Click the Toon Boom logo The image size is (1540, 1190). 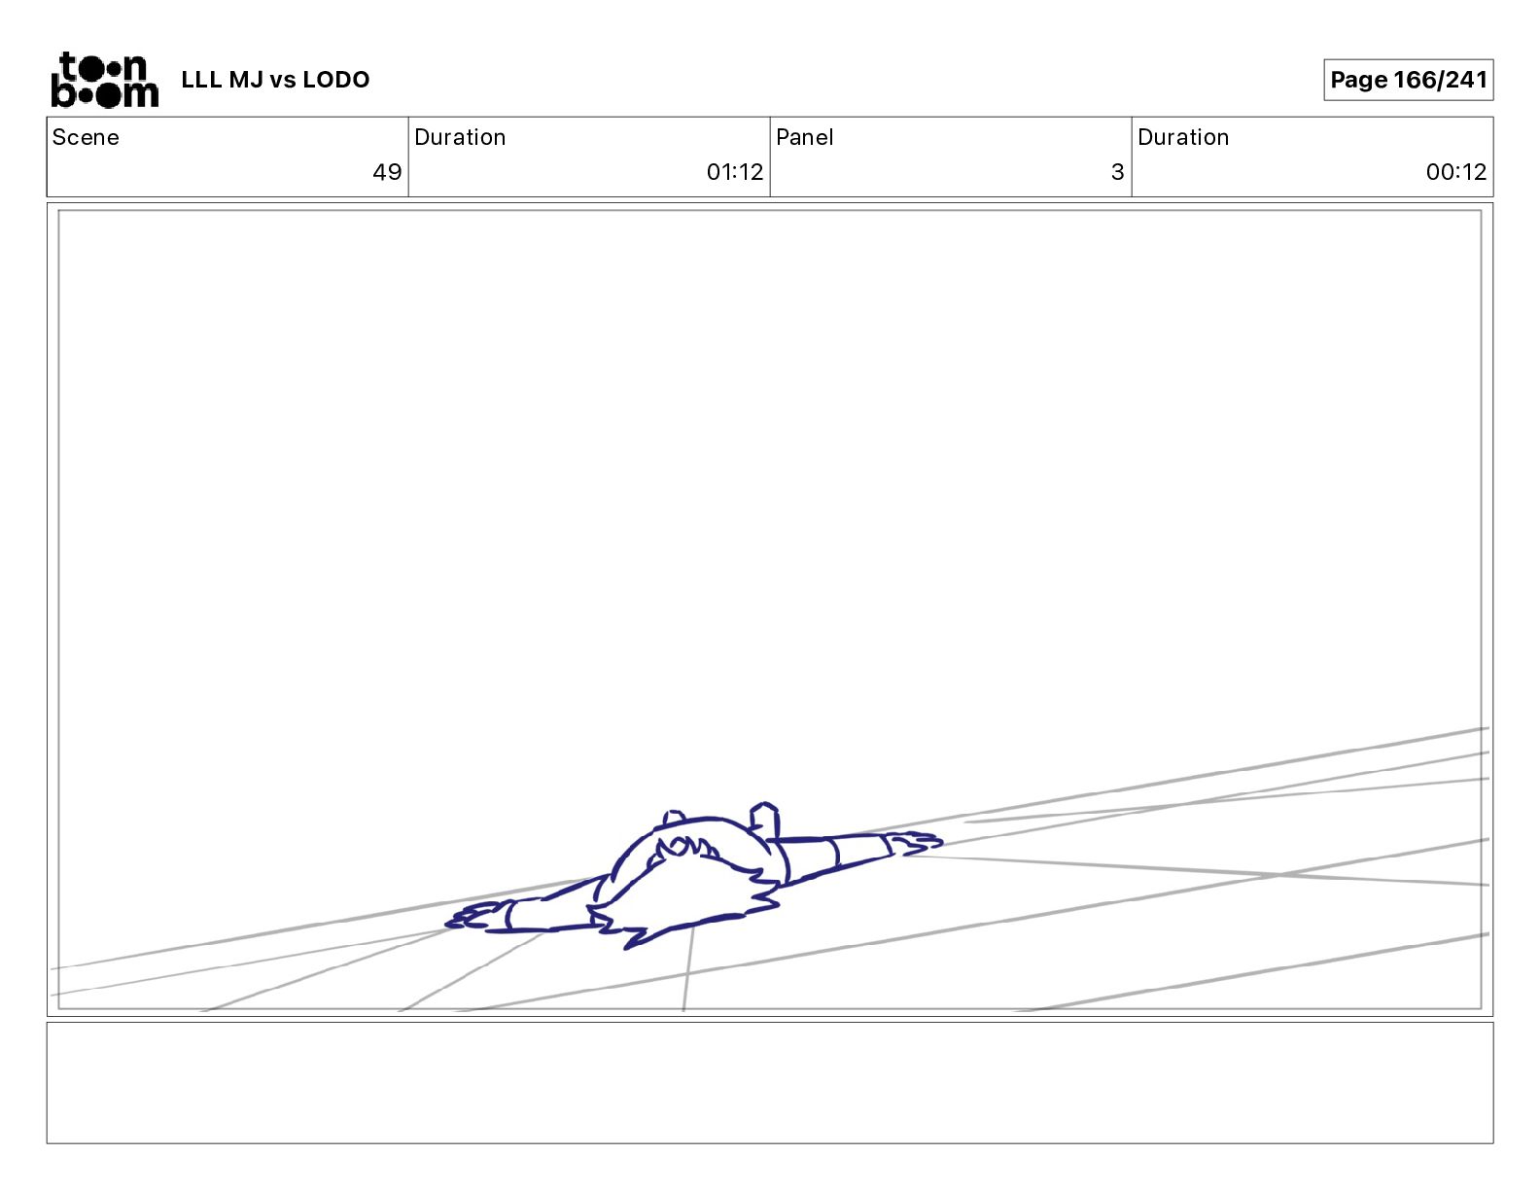[x=105, y=80]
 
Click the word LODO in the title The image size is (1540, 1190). [x=336, y=80]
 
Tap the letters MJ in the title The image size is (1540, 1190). [x=246, y=80]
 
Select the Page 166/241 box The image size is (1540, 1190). [x=1408, y=80]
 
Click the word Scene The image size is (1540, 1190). [x=86, y=137]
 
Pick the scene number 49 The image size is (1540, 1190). [x=387, y=171]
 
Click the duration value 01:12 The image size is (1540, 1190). [x=734, y=171]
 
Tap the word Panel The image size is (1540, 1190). [x=804, y=137]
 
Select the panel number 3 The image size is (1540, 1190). [x=1118, y=171]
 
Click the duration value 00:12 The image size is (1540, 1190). [x=1456, y=171]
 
